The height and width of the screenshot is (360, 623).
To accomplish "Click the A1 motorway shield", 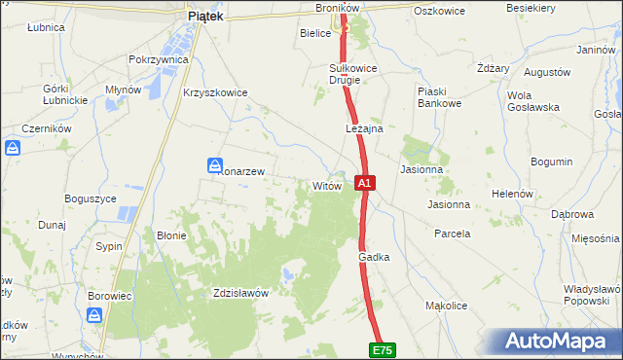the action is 364,183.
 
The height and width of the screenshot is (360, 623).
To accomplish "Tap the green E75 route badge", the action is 383,349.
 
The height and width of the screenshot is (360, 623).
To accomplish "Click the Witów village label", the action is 325,185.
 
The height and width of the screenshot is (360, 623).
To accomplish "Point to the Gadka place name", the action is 374,257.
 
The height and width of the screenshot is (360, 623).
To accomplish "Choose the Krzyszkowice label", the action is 215,92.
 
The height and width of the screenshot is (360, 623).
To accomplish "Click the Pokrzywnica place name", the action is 158,59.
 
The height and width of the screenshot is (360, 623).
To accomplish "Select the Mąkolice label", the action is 448,306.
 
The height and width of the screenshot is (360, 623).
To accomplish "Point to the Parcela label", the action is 452,234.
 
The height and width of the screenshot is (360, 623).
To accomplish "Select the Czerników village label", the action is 48,127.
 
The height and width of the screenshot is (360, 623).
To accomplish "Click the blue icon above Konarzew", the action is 215,166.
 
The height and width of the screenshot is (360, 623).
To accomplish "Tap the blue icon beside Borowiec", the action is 95,315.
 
